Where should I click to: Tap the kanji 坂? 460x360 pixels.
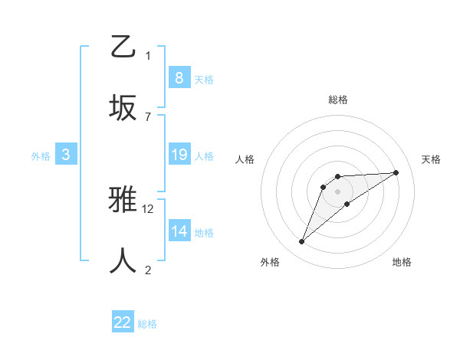point(123,107)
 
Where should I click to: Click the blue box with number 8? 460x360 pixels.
point(179,78)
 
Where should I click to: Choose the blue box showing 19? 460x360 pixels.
point(179,155)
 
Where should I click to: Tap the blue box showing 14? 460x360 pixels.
point(179,231)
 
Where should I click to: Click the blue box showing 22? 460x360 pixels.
point(123,322)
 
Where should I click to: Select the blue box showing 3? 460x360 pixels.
point(66,155)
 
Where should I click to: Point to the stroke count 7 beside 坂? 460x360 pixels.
point(148,116)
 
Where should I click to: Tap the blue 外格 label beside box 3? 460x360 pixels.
point(41,156)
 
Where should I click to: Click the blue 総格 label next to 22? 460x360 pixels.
point(147,324)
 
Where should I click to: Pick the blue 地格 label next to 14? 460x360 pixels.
point(204,233)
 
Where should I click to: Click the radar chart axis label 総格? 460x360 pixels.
point(337,100)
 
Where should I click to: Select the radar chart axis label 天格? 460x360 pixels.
point(431,159)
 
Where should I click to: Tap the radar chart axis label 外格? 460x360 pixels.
point(270,262)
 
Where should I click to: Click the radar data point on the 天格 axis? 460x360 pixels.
point(396,172)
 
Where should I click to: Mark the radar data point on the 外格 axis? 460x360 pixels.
point(301,242)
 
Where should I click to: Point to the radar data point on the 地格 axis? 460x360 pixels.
point(347,204)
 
